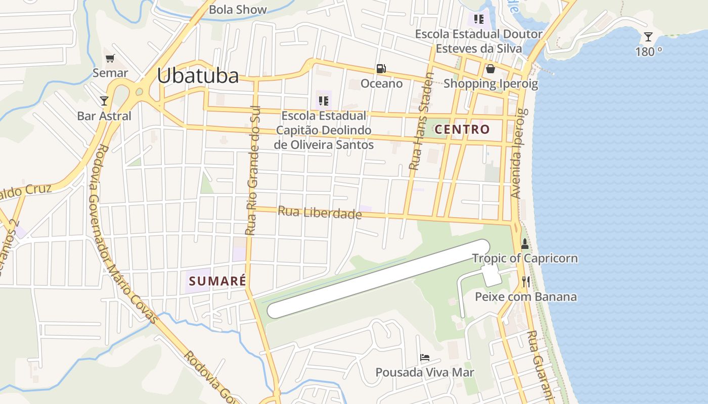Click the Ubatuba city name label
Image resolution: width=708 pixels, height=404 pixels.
click(x=197, y=76)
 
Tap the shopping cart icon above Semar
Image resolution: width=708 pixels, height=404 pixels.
click(x=110, y=58)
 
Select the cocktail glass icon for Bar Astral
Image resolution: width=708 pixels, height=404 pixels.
click(x=104, y=101)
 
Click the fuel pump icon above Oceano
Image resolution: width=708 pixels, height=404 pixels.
click(x=381, y=69)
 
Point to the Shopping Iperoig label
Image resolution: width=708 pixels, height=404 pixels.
click(x=491, y=83)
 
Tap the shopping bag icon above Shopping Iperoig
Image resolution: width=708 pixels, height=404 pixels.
click(x=490, y=69)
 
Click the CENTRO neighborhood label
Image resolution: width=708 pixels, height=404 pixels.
click(x=462, y=129)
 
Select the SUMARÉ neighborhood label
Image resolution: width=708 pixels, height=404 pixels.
click(x=216, y=281)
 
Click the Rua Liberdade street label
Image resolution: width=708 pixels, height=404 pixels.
click(x=320, y=213)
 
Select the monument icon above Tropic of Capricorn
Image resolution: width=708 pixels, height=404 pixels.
click(x=524, y=244)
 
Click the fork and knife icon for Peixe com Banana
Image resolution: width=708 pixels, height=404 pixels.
click(x=526, y=282)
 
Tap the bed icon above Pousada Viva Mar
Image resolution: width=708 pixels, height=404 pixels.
click(x=425, y=358)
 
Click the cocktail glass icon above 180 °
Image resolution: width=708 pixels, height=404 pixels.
click(x=648, y=37)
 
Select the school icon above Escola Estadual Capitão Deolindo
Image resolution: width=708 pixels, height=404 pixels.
click(x=324, y=101)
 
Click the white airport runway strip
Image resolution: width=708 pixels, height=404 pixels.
click(x=378, y=279)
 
